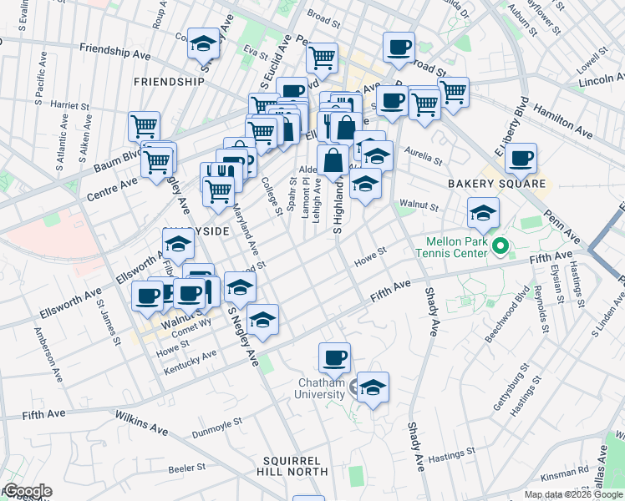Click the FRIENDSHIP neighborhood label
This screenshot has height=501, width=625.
pyautogui.click(x=168, y=82)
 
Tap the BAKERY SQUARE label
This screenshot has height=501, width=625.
pyautogui.click(x=496, y=184)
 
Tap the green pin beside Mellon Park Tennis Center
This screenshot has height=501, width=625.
pyautogui.click(x=501, y=245)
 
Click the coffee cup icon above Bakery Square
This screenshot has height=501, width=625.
pyautogui.click(x=521, y=158)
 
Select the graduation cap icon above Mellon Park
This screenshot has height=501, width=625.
pyautogui.click(x=483, y=213)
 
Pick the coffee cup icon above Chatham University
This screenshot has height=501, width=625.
pyautogui.click(x=335, y=357)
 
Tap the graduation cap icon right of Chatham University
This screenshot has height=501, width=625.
pyautogui.click(x=373, y=387)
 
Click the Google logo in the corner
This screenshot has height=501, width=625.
pyautogui.click(x=27, y=491)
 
